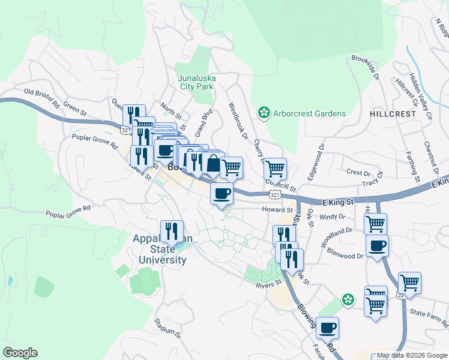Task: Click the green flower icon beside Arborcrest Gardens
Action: pos(263,113)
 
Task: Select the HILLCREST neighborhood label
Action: pos(393,113)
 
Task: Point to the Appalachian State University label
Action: pos(162,249)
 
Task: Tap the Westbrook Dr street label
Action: pos(238,120)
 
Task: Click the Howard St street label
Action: pos(277,210)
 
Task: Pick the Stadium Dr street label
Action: pos(167,327)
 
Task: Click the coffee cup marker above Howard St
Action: pos(221,193)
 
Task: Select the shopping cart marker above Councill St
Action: pos(275,168)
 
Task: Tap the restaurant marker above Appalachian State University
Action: pos(172,230)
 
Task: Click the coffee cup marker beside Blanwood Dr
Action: pos(377,245)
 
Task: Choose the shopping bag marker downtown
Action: pos(212,162)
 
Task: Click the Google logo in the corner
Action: pos(19,353)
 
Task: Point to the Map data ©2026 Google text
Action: pos(412,355)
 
